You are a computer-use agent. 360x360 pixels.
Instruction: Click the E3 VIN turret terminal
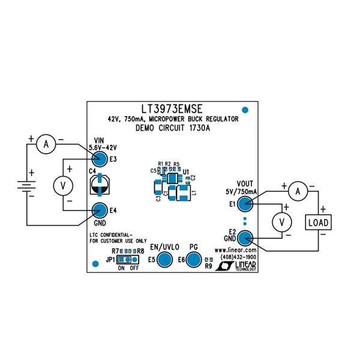click(100, 159)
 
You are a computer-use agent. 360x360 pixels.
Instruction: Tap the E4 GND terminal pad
click(100, 210)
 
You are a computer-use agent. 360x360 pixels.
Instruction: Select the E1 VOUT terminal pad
click(244, 204)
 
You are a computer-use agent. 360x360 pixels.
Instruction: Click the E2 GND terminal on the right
click(244, 238)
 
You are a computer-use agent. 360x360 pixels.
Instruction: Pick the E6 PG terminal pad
click(193, 259)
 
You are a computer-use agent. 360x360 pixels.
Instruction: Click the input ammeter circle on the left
click(43, 143)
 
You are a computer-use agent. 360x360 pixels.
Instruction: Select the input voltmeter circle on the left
click(60, 186)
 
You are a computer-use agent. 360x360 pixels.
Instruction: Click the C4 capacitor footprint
click(99, 184)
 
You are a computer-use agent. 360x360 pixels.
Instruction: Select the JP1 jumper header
click(126, 260)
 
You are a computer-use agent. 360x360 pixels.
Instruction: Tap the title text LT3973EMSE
click(172, 109)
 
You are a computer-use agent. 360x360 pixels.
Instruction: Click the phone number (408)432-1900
click(239, 257)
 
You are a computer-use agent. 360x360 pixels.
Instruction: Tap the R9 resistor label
click(208, 266)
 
